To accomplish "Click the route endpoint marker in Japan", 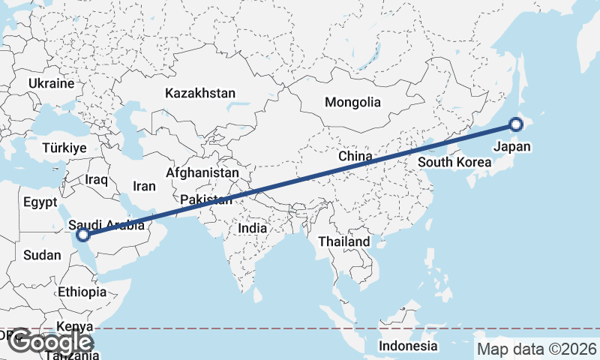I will click(516, 125).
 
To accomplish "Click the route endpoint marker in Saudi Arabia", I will click(84, 235).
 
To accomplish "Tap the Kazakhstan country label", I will click(200, 94).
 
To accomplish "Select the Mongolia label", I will click(352, 102).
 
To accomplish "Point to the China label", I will click(355, 156).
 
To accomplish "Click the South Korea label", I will click(449, 162).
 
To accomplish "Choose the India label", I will click(252, 227).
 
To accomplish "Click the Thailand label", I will click(344, 241).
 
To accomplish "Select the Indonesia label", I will click(408, 346).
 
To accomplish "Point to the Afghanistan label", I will click(202, 173).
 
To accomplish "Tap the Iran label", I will click(144, 186).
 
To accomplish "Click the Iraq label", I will click(97, 180).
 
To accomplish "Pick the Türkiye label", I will click(64, 148).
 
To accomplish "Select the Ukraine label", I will click(52, 83).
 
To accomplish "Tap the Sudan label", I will click(42, 255).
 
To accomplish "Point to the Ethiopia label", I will click(82, 292).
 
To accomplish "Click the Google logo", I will click(49, 342).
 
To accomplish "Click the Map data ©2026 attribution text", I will click(537, 349).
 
